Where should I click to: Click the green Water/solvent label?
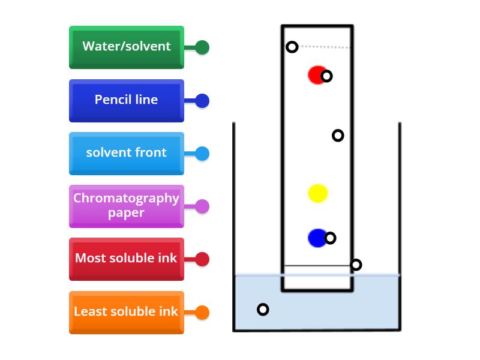coord(127,47)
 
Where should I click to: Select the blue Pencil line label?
coord(127,100)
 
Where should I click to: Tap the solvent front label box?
coord(127,153)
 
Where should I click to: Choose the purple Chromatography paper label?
coord(127,206)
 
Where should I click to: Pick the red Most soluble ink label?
coord(127,259)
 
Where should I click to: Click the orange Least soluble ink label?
coord(127,312)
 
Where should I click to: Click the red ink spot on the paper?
coord(316,74)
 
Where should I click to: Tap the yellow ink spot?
coord(317,193)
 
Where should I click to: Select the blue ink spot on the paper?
coord(316,238)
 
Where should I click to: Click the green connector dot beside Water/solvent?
coord(202,47)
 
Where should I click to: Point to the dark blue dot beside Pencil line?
coord(202,101)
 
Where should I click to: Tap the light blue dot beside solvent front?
coord(202,154)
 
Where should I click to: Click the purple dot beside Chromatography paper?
coord(202,206)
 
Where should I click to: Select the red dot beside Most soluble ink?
coord(202,259)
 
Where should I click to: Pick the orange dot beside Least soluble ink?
coord(202,313)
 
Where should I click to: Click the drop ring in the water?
coord(263,310)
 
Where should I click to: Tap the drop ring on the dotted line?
coord(292,47)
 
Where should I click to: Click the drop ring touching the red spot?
coord(326,76)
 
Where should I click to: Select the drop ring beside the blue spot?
coord(330,238)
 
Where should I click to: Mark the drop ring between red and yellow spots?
coord(338,136)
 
